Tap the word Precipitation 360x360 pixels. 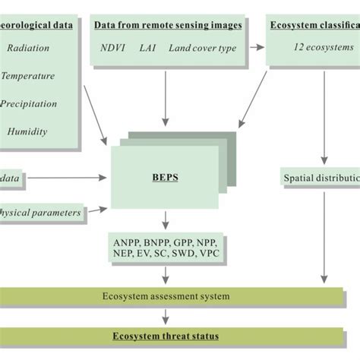(31, 103)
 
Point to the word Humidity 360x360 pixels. (28, 131)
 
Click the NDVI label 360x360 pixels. (113, 48)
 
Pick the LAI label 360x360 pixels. (148, 48)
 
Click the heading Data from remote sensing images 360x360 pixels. (168, 25)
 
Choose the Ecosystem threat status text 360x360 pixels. (165, 336)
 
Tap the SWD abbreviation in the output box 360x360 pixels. (182, 256)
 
